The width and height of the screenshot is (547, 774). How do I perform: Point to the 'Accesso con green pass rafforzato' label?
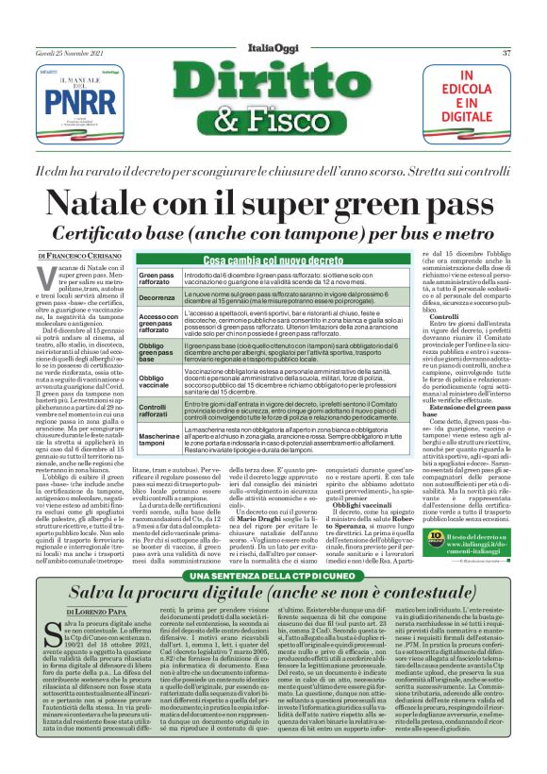click(158, 324)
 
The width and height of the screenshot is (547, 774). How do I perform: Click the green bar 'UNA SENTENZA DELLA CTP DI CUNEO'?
click(273, 549)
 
